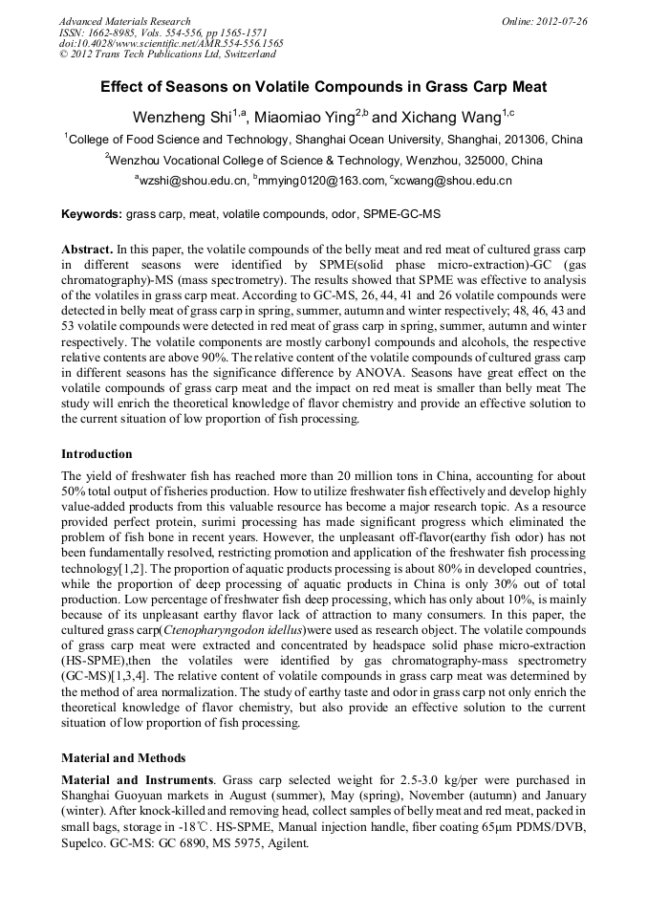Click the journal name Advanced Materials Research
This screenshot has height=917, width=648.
point(124,21)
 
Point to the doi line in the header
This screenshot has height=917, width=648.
point(171,44)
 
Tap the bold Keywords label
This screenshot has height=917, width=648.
point(92,214)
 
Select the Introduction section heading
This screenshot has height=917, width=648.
point(97,454)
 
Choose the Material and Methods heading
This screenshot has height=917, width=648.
point(123,758)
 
